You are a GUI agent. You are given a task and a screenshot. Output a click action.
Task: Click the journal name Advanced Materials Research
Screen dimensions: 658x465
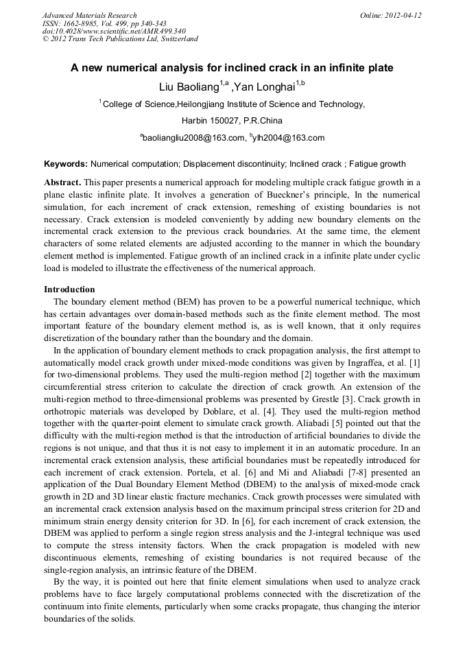point(90,15)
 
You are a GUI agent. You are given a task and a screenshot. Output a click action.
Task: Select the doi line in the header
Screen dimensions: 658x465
point(114,31)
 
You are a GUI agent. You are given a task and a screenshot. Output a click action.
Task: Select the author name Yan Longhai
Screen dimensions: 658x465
point(264,86)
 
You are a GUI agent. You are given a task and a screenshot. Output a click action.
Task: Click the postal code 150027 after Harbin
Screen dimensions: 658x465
point(226,120)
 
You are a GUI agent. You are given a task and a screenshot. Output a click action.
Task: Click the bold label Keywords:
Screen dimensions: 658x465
point(66,165)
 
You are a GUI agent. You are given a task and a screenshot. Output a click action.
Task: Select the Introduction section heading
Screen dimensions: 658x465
point(69,290)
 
